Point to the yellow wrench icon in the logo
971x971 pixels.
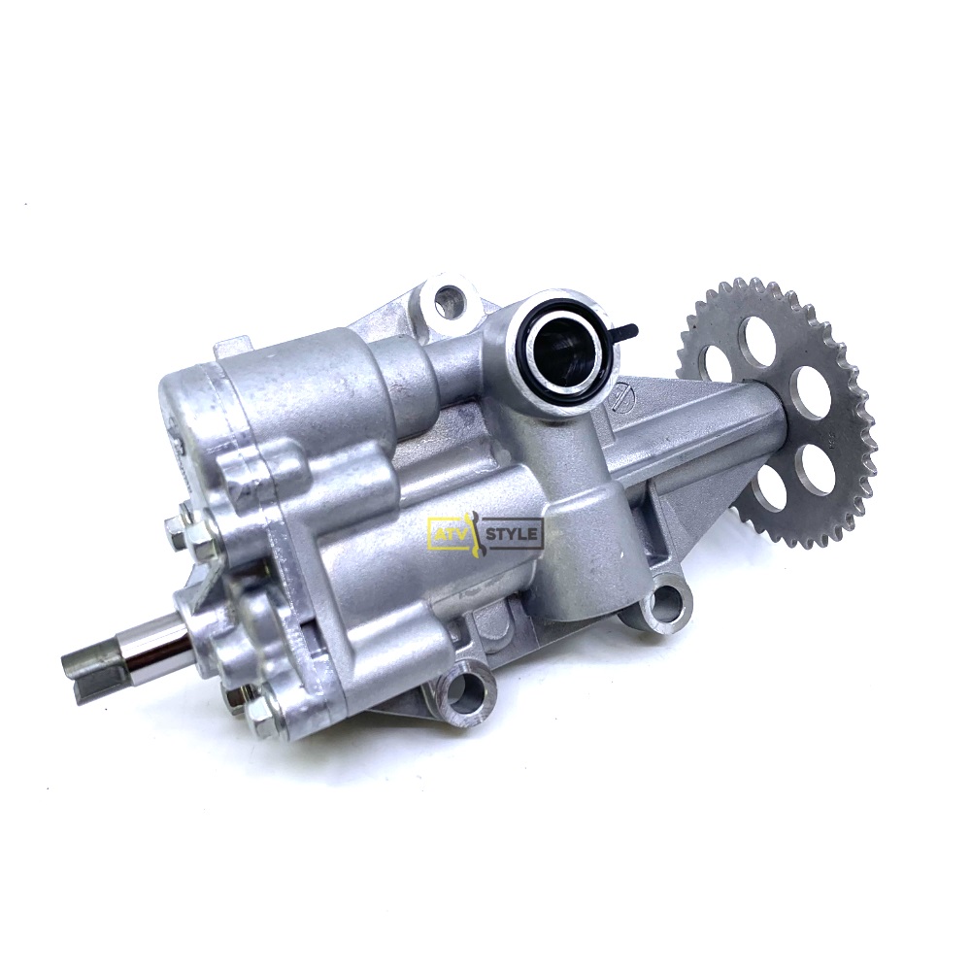point(477,532)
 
